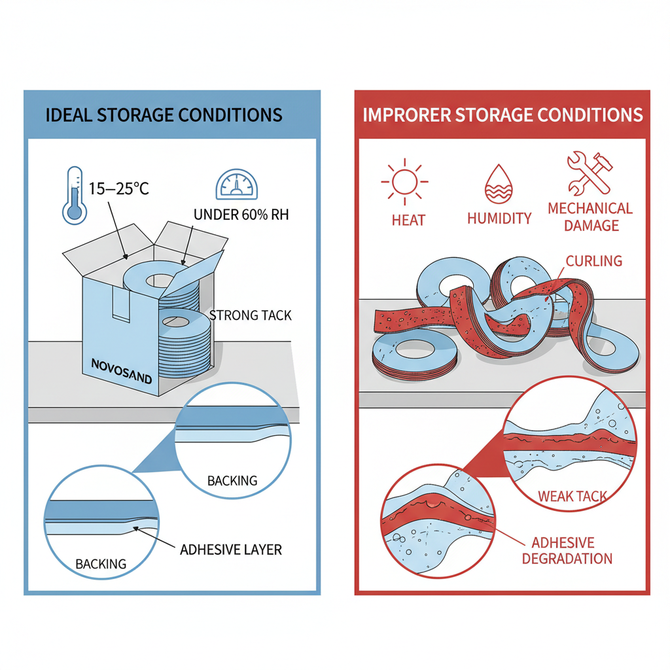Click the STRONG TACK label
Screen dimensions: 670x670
click(251, 315)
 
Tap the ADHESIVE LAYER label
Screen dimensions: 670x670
click(230, 549)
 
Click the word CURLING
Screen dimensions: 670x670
click(594, 260)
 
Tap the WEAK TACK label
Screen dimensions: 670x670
click(572, 497)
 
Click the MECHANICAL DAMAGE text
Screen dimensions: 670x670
click(590, 217)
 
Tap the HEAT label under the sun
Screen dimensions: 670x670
click(408, 220)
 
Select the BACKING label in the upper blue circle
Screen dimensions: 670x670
click(232, 481)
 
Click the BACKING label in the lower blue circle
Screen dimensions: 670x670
click(100, 563)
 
